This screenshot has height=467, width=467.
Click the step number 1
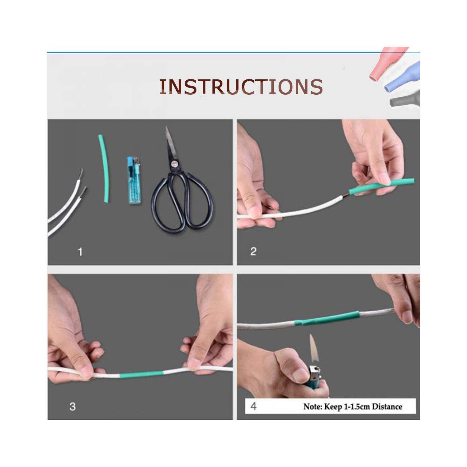click(x=80, y=252)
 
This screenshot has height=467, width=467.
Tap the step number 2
click(x=253, y=252)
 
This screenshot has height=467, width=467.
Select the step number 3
click(x=73, y=407)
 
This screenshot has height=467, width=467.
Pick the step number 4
click(x=254, y=406)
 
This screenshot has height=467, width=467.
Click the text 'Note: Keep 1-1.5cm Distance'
click(x=353, y=406)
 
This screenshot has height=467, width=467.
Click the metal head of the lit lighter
click(x=314, y=372)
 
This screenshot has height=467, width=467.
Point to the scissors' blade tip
click(x=167, y=127)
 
